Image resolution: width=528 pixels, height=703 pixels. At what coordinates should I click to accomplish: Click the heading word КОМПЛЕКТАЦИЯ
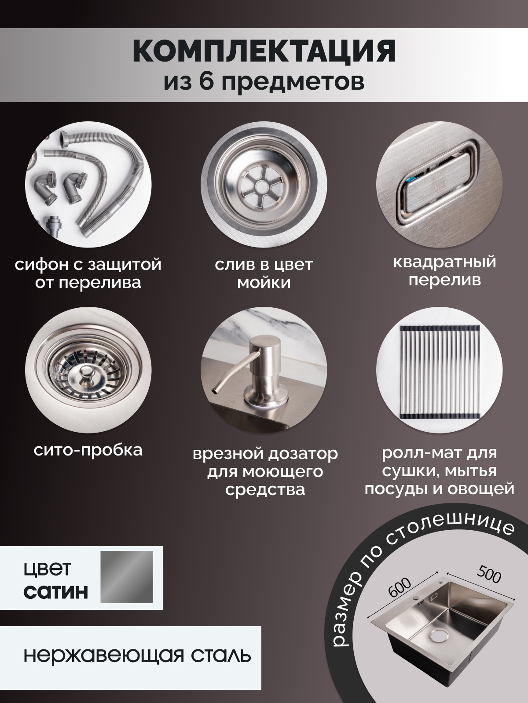pos(264,51)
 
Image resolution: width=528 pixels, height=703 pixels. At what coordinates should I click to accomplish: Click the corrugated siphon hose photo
pos(88,184)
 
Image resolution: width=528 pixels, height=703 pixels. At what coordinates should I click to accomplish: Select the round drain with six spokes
pos(264,184)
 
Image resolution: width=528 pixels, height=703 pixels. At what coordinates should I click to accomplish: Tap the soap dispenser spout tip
pos(212,391)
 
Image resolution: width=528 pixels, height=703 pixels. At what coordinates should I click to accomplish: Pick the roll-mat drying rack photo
pos(439,371)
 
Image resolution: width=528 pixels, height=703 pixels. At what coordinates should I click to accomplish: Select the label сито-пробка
pos(88,450)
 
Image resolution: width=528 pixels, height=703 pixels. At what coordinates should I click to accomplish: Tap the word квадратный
pos(445,262)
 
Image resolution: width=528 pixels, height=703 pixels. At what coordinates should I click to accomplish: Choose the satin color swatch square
pos(127,577)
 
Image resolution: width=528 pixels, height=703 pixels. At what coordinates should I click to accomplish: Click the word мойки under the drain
pos(264,283)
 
